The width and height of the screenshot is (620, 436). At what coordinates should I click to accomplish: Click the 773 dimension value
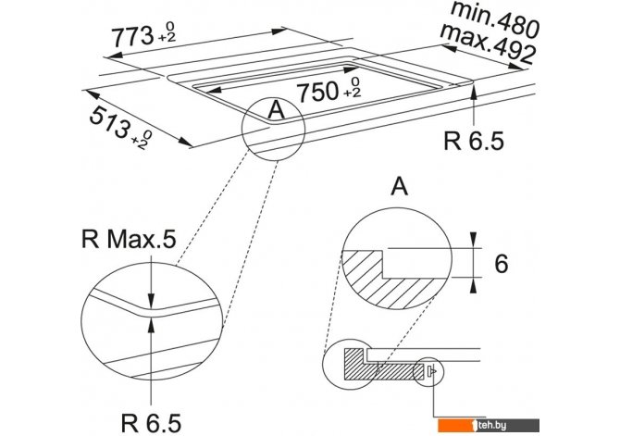coord(132,37)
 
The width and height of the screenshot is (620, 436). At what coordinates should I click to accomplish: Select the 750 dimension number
coord(317,92)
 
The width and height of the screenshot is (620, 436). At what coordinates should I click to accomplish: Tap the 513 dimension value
coord(110,123)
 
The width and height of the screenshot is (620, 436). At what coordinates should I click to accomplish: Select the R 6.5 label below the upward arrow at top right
coord(474,141)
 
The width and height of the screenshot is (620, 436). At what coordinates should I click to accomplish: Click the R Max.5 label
coord(129,239)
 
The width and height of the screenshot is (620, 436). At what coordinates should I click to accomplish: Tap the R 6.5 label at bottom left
coord(151,422)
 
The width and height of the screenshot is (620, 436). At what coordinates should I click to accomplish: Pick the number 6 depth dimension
coord(501,264)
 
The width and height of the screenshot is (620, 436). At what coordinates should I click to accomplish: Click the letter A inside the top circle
coord(276,109)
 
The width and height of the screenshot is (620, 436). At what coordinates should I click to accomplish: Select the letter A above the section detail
coord(400,186)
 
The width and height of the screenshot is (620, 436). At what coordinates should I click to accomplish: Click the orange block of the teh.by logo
coord(454,425)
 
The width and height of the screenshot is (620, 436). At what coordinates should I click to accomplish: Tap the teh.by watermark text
coord(491,425)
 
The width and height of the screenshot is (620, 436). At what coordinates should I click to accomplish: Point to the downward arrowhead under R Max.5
coord(151,300)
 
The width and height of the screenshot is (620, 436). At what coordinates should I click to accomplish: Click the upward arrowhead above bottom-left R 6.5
coord(151,325)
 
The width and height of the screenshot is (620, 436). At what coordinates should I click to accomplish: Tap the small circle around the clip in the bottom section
coord(428,371)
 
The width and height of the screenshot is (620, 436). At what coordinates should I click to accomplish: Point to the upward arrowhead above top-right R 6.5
coord(474,92)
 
